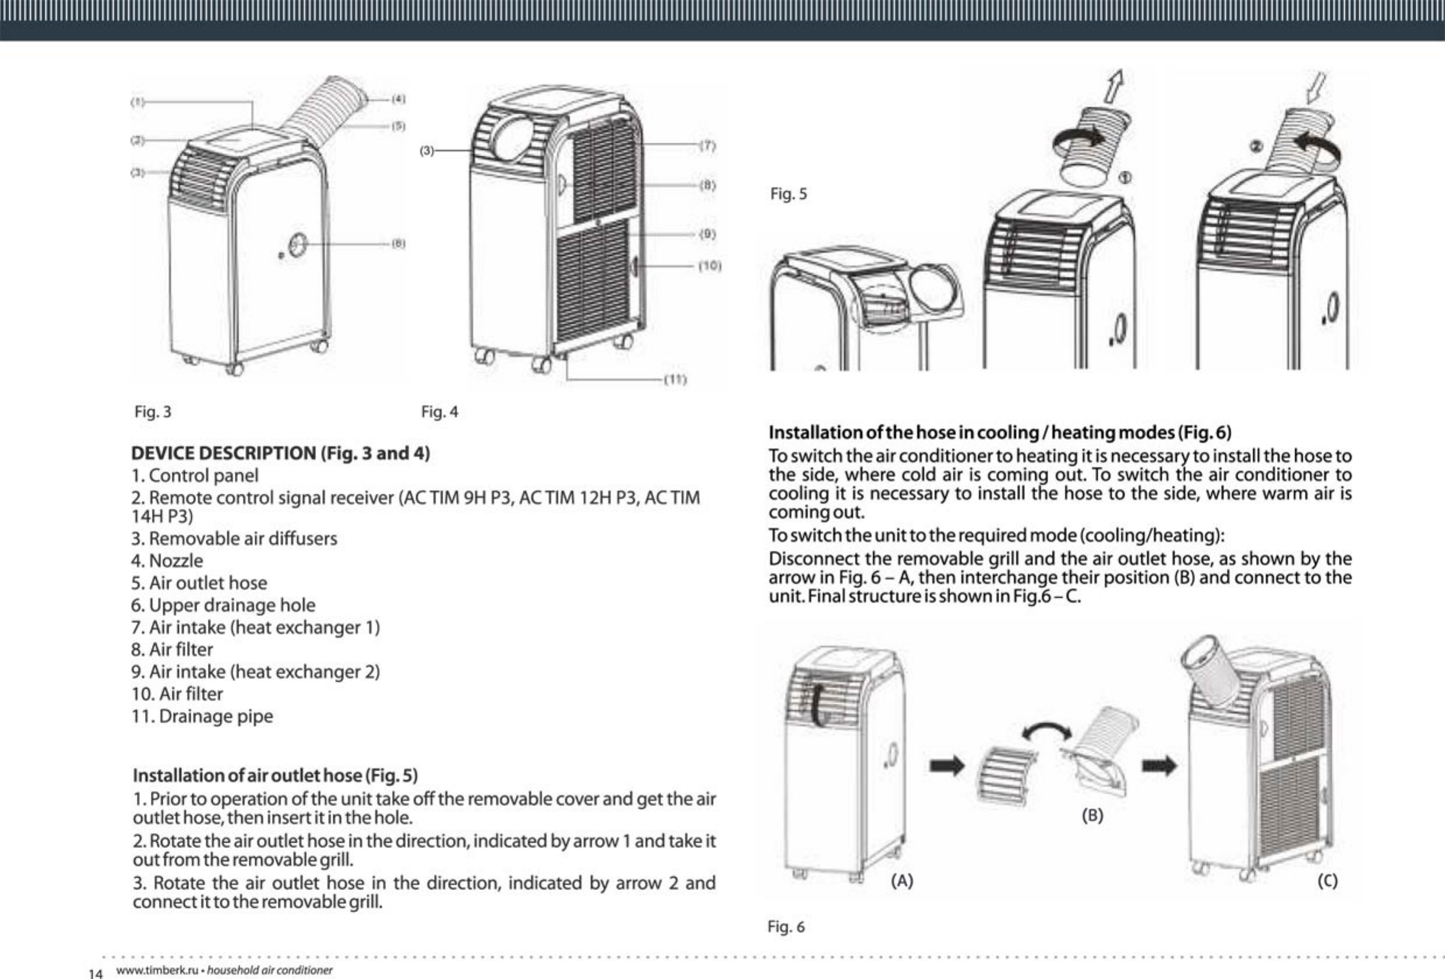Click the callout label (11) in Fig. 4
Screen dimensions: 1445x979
(675, 379)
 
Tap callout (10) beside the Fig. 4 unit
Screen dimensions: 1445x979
(710, 266)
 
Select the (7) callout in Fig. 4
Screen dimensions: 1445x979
(707, 146)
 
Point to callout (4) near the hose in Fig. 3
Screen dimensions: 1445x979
(399, 99)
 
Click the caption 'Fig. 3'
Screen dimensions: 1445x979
(153, 412)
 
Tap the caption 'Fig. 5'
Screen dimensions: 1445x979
(788, 194)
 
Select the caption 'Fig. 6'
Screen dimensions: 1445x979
(786, 927)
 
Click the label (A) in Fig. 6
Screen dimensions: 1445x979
(901, 881)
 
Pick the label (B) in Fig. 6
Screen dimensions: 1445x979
(1092, 815)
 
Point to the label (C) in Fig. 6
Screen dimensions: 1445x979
(1327, 881)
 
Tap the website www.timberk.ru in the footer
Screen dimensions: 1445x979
(157, 970)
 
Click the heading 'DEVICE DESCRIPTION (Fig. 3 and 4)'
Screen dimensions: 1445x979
(280, 453)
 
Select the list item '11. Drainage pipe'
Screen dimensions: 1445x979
(202, 716)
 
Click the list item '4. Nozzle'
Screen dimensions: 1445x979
(167, 561)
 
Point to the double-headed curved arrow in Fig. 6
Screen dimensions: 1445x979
(1046, 730)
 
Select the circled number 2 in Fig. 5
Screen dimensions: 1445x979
(1256, 146)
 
